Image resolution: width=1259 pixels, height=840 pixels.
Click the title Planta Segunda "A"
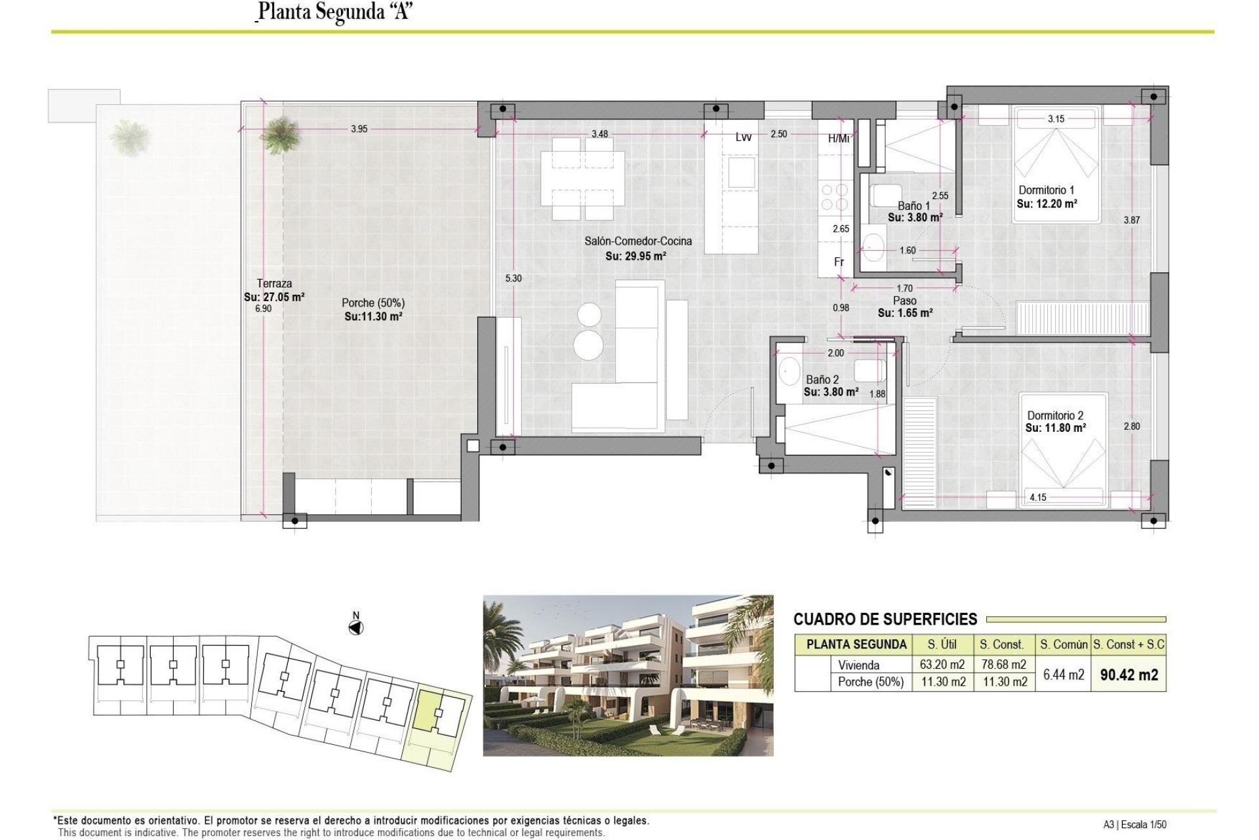point(334,12)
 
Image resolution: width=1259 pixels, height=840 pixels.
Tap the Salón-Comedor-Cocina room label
point(637,241)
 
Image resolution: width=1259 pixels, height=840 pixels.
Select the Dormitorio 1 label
point(1046,190)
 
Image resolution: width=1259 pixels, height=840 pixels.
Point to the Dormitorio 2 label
point(1054,415)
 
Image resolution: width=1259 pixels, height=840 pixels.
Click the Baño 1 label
point(913,206)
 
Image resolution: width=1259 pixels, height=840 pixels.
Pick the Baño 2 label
point(822,380)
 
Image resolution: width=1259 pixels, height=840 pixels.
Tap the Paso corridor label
point(904,301)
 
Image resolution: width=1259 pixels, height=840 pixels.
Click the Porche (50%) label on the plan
point(372,303)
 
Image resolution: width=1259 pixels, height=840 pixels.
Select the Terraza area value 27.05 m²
point(274,297)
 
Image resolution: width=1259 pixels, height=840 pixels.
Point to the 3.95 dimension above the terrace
point(359,129)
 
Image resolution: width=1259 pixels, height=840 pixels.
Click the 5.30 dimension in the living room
point(513,279)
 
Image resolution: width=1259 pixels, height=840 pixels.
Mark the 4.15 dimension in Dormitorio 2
point(1037,498)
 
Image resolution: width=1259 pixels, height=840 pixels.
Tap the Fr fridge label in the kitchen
point(839,262)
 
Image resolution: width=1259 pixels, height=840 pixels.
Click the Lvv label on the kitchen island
point(743,137)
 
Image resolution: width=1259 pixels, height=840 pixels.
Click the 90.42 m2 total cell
point(1129,675)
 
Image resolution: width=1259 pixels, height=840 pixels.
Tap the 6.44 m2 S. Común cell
point(1063,675)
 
